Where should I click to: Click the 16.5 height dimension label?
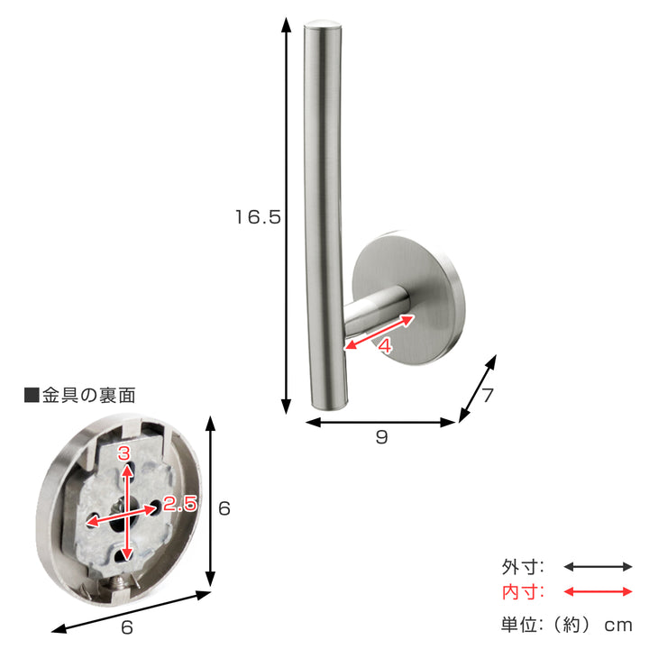tap(258, 217)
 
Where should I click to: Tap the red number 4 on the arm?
tap(385, 345)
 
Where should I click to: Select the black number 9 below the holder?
tap(381, 437)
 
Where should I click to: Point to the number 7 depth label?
tap(488, 395)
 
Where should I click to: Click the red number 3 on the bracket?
tap(123, 453)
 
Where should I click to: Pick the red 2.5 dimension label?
tap(179, 503)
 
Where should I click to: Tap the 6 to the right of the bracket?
tap(224, 508)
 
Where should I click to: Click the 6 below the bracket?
tap(127, 627)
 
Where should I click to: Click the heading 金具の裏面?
tap(88, 396)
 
